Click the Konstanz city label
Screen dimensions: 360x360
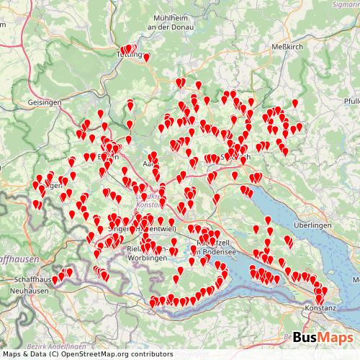click(320, 307)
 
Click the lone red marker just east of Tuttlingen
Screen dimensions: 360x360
click(147, 58)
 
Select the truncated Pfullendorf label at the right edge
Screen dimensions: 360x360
click(351, 101)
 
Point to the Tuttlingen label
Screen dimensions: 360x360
click(130, 53)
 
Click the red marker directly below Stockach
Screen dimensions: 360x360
click(235, 176)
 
